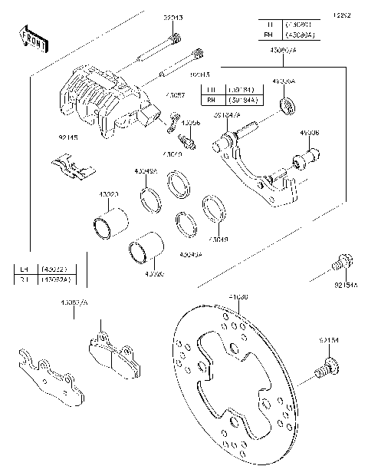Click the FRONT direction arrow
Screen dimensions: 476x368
tap(31, 38)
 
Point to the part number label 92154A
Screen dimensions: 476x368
tap(345, 285)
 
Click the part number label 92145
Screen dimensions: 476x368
tap(46, 138)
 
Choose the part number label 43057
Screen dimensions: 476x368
tap(176, 95)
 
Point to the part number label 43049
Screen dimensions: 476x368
tap(198, 240)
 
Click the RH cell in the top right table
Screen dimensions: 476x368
tap(268, 35)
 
